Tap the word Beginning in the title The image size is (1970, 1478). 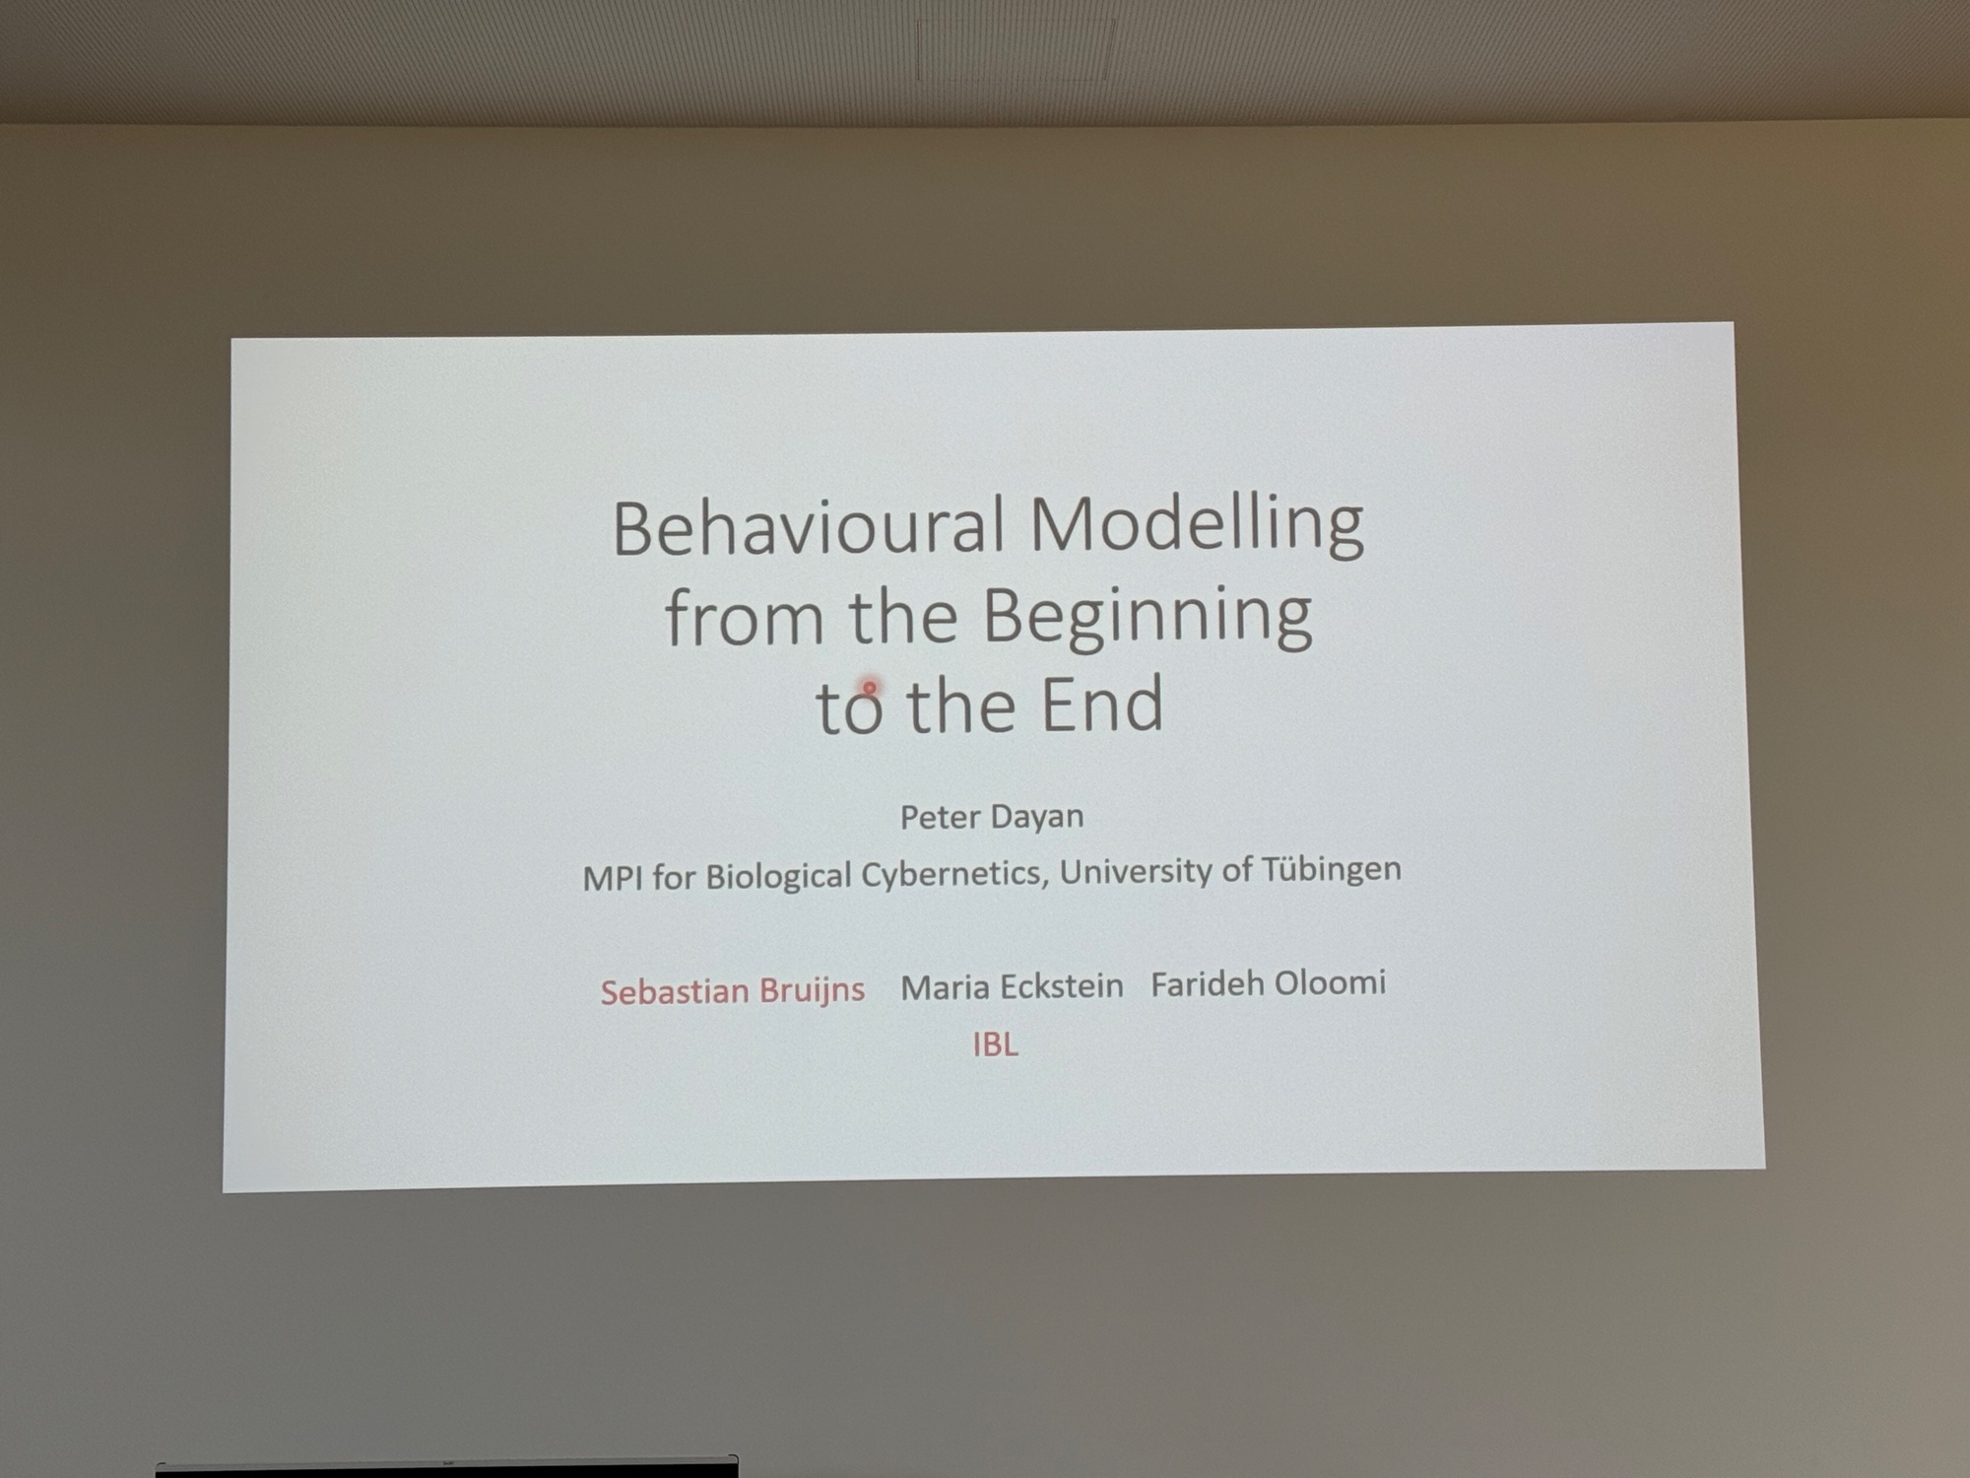tap(1147, 618)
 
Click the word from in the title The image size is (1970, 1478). tap(745, 617)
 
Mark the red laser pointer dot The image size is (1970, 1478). tap(870, 687)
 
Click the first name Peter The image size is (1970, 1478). tap(939, 817)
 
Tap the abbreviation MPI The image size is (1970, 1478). tap(613, 877)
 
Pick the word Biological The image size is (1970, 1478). tap(778, 876)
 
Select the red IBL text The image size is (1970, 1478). tap(995, 1044)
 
